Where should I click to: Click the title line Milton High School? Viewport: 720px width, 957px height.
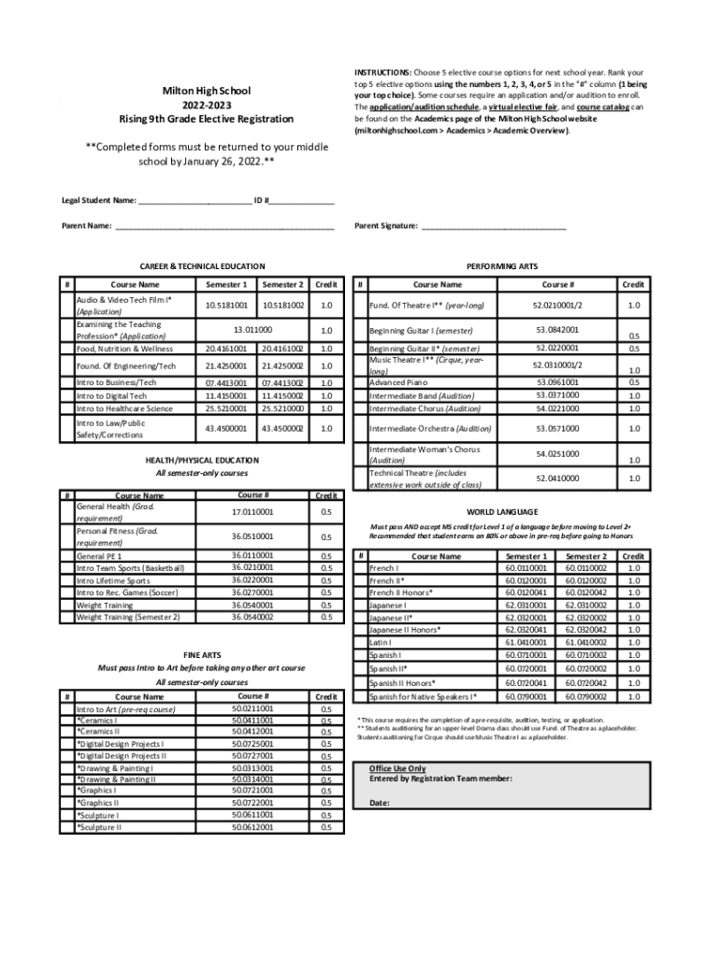point(207,90)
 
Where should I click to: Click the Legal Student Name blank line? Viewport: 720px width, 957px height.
point(194,201)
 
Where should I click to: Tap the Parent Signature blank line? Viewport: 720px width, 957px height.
point(494,226)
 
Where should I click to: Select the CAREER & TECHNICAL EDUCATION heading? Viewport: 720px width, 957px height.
point(202,266)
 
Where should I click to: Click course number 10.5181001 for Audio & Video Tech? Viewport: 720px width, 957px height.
point(226,305)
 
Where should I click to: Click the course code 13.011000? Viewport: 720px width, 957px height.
point(252,329)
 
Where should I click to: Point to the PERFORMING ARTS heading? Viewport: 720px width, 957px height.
point(502,266)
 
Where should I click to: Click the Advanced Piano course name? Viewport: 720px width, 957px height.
point(397,382)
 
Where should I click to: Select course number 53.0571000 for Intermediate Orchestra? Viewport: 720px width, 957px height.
point(557,428)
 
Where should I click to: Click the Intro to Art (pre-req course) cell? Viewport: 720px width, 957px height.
point(125,709)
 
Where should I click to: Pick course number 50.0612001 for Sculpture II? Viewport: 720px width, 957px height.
point(252,827)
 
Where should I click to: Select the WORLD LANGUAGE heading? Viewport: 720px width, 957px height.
point(502,511)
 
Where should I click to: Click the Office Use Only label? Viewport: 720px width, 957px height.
point(397,767)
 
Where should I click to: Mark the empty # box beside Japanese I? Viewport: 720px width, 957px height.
point(360,605)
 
